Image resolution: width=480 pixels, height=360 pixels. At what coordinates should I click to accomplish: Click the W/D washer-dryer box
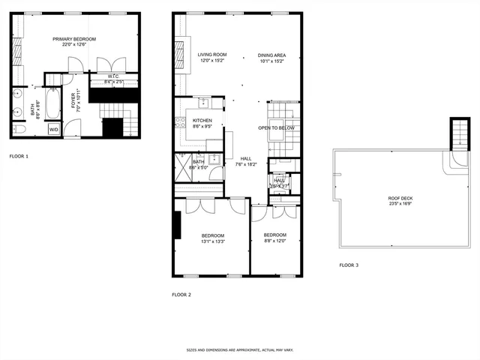pos(53,130)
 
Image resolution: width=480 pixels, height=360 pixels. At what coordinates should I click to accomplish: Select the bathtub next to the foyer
pos(52,105)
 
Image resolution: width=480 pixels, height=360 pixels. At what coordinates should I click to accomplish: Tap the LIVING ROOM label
pos(212,55)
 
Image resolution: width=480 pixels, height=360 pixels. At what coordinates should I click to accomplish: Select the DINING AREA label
pos(271,55)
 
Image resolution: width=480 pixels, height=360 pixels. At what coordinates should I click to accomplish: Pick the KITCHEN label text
pos(202,121)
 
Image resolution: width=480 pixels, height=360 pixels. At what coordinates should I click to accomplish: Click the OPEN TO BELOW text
pos(276,128)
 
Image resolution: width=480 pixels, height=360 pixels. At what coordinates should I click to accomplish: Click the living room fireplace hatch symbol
pos(179,54)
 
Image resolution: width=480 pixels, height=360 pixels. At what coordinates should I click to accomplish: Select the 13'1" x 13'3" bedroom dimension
pos(212,241)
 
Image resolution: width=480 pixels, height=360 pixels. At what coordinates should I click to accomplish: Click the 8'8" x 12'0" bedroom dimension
pos(274,241)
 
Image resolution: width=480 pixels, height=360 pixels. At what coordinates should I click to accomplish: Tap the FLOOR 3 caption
pos(349,265)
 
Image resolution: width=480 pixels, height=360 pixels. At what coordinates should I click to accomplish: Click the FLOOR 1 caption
pos(19,156)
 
